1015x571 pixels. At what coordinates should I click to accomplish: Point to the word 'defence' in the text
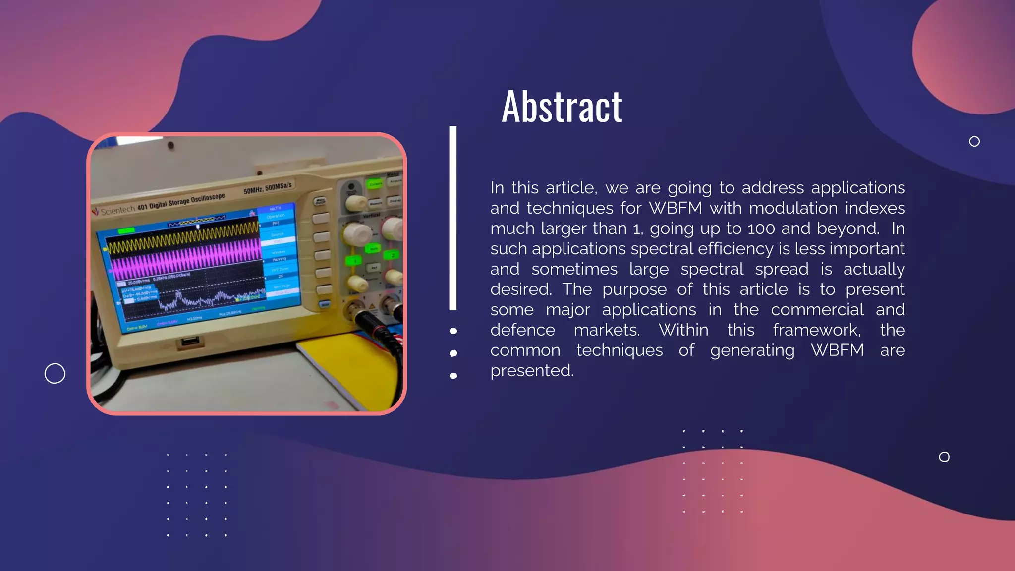point(522,330)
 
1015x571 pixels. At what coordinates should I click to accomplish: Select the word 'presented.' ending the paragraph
point(532,371)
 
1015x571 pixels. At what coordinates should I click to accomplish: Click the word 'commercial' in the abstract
point(817,310)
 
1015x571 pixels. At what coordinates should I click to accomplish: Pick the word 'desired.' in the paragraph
point(521,289)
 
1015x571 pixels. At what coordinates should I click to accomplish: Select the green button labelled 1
point(354,261)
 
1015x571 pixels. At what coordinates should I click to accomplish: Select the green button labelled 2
point(393,255)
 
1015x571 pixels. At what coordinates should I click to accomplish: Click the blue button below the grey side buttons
point(325,304)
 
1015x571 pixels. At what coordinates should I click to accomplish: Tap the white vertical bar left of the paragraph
point(452,218)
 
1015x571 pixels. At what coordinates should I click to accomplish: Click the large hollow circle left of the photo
point(55,373)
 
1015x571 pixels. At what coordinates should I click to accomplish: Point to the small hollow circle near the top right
point(974,142)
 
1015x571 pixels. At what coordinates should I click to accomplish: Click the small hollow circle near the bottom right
point(944,457)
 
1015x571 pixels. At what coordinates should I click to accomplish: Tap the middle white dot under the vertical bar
point(453,353)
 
